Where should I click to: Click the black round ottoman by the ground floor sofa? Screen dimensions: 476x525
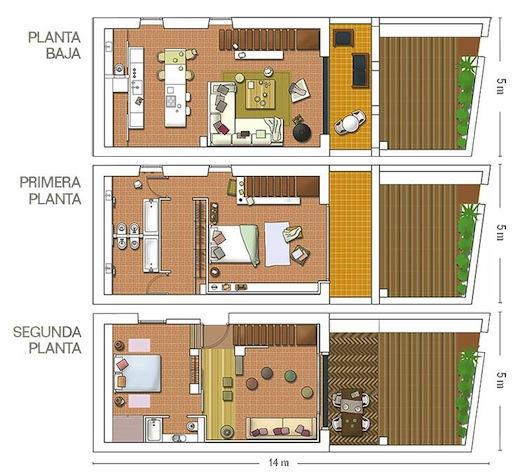coord(301,132)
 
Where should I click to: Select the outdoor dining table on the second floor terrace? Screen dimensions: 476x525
coord(350,409)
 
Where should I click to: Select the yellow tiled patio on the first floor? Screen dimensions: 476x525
coord(350,234)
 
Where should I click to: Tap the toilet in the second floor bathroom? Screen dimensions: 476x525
coord(178,437)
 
